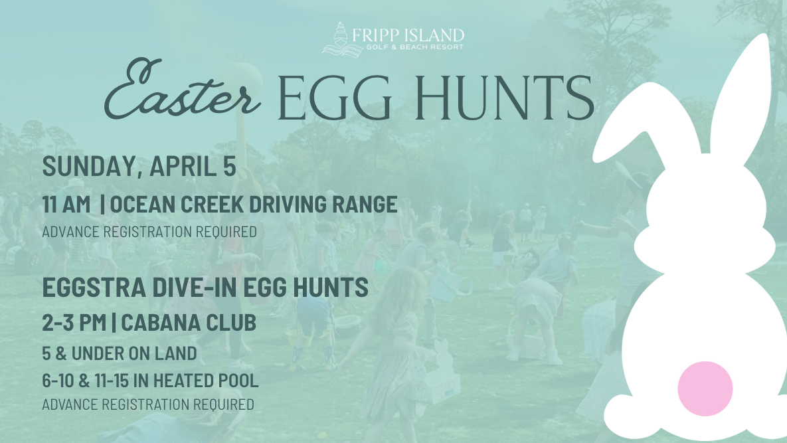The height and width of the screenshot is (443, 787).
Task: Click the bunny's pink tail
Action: (705, 389)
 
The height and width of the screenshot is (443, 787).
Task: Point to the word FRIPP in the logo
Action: (375, 35)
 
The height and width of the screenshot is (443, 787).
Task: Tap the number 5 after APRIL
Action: (229, 167)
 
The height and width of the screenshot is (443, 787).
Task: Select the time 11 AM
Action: (66, 204)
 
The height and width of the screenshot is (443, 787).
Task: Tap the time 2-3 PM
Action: (74, 323)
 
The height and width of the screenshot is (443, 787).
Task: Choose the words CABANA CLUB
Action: (189, 323)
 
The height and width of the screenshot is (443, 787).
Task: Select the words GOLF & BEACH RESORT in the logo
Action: (414, 47)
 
